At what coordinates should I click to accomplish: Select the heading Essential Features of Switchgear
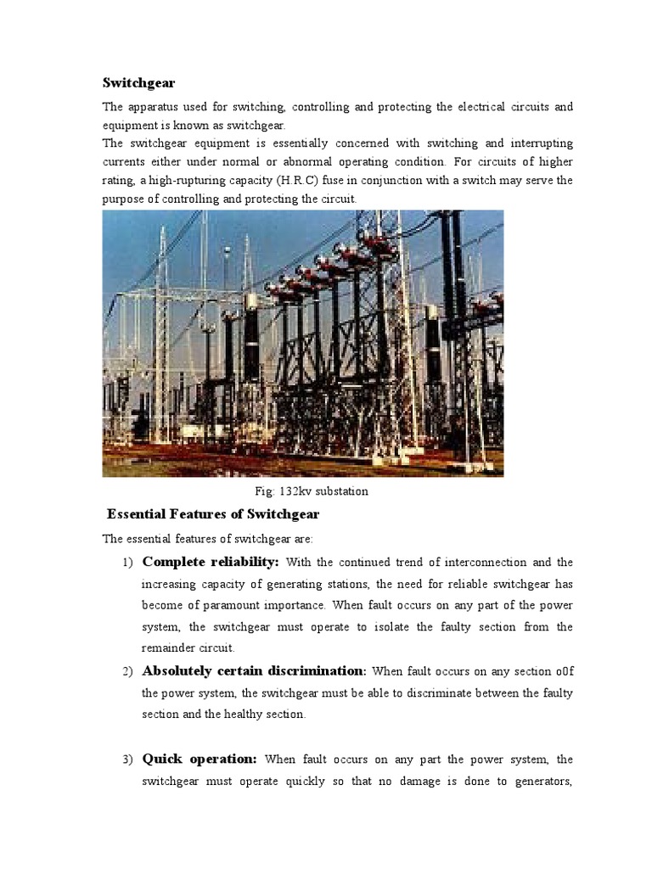212,514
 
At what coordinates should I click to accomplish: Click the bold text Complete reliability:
211,562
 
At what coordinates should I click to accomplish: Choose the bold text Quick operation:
200,759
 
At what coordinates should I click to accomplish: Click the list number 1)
128,563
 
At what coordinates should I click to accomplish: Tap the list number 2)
128,671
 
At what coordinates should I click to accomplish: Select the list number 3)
128,760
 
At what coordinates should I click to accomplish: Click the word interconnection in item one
484,563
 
